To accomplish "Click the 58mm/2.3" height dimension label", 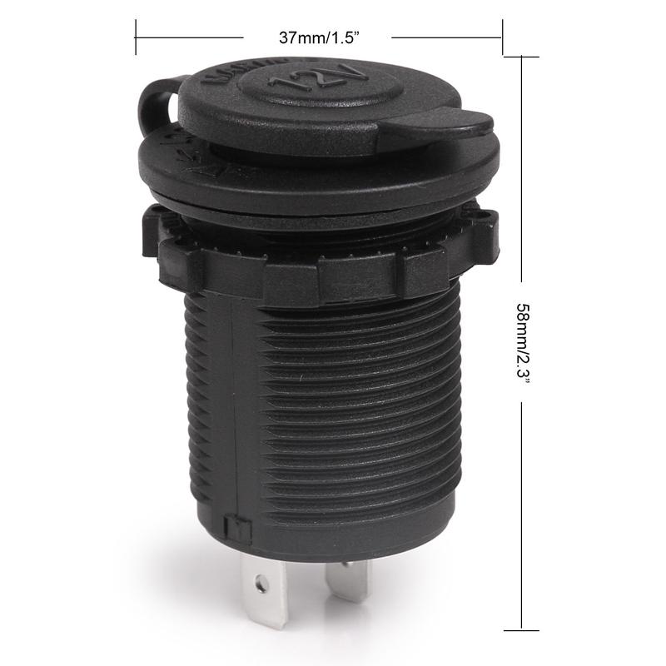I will [x=523, y=342].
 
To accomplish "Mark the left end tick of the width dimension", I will [x=136, y=37].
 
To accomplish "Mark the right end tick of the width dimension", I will [x=502, y=37].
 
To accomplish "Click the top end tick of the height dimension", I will [x=521, y=56].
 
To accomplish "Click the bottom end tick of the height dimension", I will [x=521, y=627].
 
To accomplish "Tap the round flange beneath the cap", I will [x=316, y=179].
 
